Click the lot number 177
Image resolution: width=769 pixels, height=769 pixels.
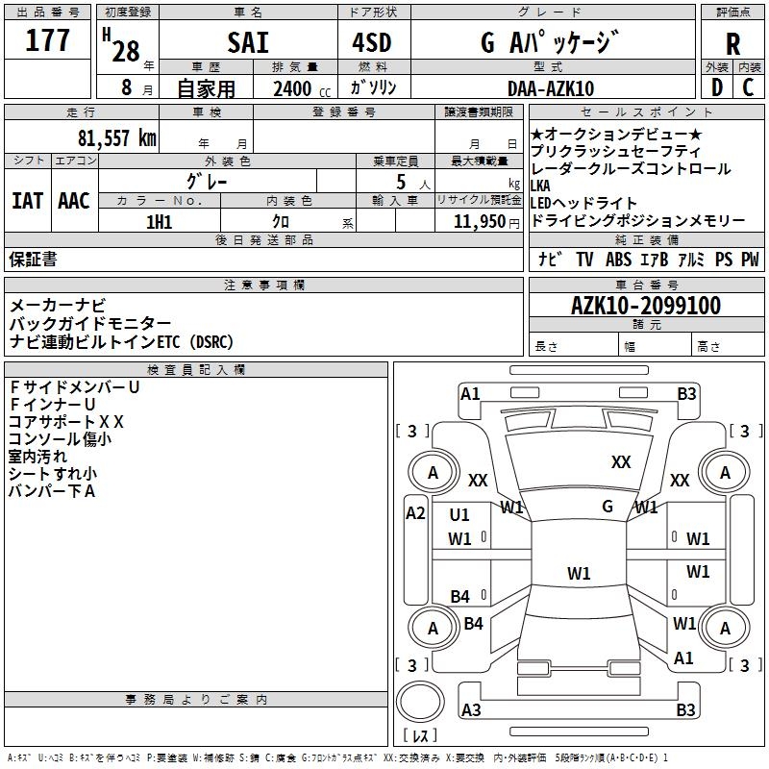[48, 41]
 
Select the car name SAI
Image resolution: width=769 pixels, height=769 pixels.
[247, 42]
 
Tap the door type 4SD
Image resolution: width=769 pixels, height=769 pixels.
[373, 42]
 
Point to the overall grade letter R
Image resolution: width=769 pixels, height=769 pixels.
[732, 43]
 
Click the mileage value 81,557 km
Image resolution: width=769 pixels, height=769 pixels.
[116, 138]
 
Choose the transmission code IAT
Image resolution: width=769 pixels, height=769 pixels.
[27, 200]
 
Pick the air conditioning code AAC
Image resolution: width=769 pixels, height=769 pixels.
[74, 200]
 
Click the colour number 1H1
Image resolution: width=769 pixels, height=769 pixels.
[159, 221]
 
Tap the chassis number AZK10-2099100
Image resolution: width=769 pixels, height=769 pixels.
[645, 306]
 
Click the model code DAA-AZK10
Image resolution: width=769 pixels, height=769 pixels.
[551, 88]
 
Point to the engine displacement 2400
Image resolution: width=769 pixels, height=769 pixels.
[292, 89]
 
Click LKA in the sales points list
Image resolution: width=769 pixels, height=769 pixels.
[543, 186]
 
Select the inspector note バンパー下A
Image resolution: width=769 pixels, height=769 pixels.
[52, 491]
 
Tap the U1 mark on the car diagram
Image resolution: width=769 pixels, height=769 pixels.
[459, 515]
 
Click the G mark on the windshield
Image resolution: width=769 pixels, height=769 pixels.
[608, 506]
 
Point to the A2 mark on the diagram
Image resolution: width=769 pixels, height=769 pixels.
[415, 513]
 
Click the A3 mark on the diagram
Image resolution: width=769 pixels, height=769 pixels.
[471, 710]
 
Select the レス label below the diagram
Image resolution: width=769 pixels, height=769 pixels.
[420, 737]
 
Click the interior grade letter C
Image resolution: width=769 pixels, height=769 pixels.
[748, 87]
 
